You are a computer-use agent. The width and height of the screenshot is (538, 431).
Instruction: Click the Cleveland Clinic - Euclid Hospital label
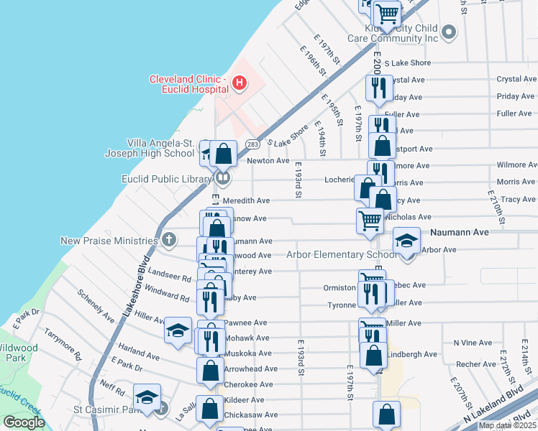coord(188,83)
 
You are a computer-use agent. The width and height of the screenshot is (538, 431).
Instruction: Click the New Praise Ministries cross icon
coord(168,239)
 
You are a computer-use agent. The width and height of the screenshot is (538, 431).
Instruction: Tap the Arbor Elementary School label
coord(342,254)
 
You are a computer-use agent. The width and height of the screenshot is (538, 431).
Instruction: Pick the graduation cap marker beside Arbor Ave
coord(406,240)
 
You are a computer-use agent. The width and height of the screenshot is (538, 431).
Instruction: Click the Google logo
coord(24,422)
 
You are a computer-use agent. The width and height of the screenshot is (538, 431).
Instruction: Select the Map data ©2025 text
coord(507,425)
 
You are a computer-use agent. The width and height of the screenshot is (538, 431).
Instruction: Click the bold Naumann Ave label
coord(459,233)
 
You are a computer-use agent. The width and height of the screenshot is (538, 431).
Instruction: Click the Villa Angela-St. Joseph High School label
coord(160,147)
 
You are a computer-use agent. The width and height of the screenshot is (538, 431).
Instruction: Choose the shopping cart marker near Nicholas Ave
coord(370,221)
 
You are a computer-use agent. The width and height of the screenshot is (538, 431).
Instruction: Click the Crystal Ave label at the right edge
coord(516,79)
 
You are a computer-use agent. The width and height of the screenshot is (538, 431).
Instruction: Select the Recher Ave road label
coord(476,364)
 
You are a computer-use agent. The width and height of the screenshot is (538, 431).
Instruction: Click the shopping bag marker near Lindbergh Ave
coord(373,355)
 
